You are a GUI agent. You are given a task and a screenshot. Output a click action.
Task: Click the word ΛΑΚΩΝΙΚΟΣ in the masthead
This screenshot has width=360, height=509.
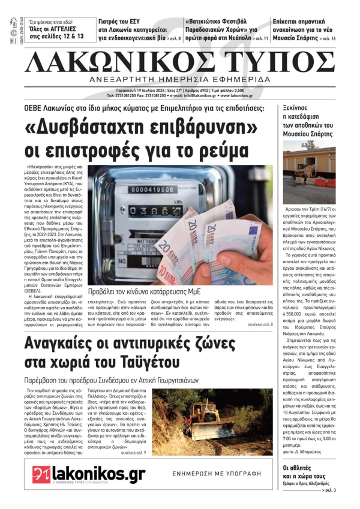[119, 61]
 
